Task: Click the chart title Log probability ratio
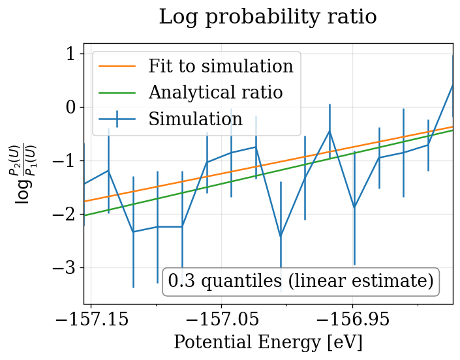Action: [268, 17]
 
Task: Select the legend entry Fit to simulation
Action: [221, 67]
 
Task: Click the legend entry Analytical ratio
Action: [215, 93]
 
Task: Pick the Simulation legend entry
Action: [195, 119]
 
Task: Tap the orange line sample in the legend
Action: [117, 67]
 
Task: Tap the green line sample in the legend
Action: [117, 93]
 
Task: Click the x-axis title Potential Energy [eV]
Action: [268, 342]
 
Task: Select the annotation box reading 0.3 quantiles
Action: [301, 281]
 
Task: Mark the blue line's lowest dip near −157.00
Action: [281, 236]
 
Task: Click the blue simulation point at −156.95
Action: [354, 207]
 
